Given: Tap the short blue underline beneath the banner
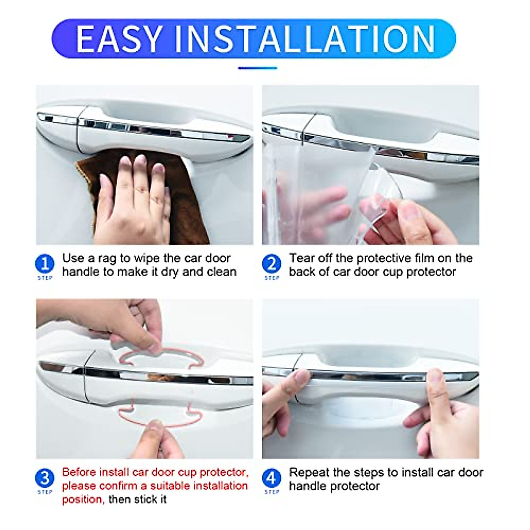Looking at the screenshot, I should coord(257,68).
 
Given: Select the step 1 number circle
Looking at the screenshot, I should coord(45,264).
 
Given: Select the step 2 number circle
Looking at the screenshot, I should coord(271,264).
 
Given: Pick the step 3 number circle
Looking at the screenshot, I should coord(45,478).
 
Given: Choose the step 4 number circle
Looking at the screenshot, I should coord(271,478).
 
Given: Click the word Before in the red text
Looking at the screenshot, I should coord(79,472).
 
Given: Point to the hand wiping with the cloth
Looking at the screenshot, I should coord(132,203).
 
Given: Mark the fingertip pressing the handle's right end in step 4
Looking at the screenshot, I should coord(435,380).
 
